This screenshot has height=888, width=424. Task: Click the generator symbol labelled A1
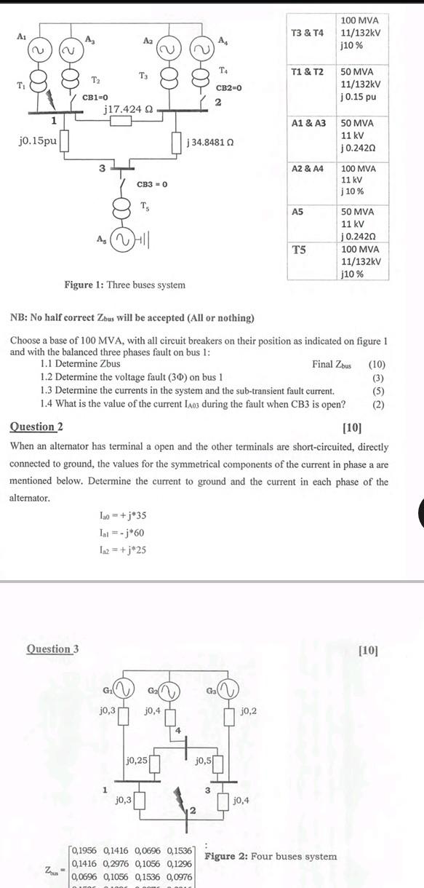point(38,50)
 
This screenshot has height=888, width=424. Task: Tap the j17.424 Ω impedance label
point(128,108)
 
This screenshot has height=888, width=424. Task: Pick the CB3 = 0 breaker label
point(152,184)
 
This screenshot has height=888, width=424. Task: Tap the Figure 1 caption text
point(124,285)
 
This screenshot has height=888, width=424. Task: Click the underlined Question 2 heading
point(36,427)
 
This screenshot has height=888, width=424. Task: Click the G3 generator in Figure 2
point(225,689)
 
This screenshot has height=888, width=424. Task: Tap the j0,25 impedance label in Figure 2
point(137,760)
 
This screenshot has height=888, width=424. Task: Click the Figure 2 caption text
point(271,857)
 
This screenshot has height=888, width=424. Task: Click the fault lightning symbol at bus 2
point(180,803)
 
